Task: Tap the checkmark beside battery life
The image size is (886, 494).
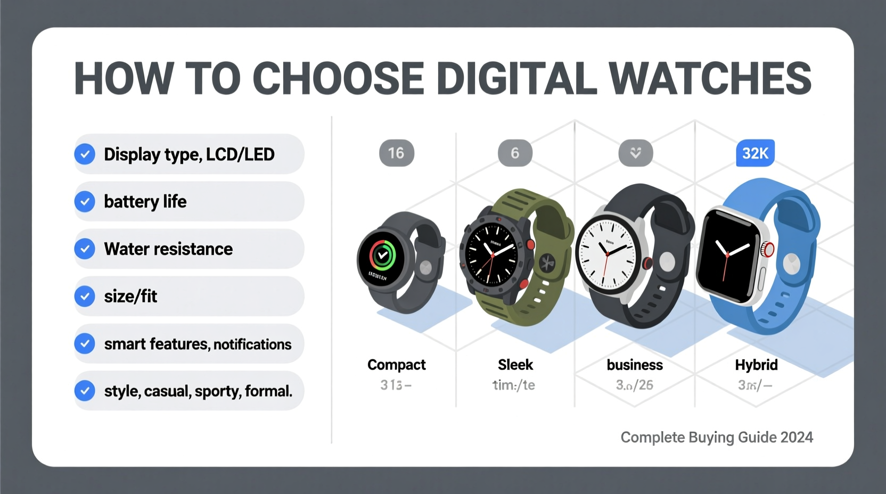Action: (x=85, y=202)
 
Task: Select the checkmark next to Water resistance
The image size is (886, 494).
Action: (x=85, y=249)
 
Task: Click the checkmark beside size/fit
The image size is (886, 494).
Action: (x=85, y=297)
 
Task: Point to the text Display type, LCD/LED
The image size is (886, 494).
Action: (x=189, y=154)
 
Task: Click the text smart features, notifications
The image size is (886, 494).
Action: (x=198, y=344)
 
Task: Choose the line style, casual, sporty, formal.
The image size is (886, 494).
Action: (x=198, y=391)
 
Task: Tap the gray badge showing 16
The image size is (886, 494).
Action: (x=396, y=153)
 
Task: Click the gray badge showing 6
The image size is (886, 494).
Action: (x=515, y=153)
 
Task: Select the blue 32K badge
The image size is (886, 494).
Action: (x=755, y=153)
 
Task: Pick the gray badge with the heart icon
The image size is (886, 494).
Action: (x=635, y=153)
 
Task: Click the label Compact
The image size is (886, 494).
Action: (x=396, y=365)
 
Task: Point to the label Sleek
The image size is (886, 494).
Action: (x=515, y=365)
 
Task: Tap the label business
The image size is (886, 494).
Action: (x=635, y=365)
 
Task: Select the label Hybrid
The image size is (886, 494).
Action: (x=756, y=365)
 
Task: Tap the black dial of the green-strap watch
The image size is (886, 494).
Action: (x=491, y=253)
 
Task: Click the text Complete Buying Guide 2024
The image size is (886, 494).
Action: (x=717, y=438)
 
